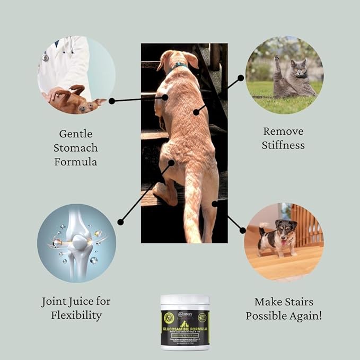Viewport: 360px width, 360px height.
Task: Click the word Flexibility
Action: point(76,316)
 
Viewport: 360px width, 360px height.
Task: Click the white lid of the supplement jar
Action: point(185,300)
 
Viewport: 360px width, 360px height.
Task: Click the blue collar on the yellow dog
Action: point(179,66)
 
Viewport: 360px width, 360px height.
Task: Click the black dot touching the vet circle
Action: point(111,100)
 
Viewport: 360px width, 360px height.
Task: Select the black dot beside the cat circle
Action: point(241,77)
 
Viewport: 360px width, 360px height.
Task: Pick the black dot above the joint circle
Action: point(120,222)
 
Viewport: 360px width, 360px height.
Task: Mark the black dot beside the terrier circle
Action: point(242,230)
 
